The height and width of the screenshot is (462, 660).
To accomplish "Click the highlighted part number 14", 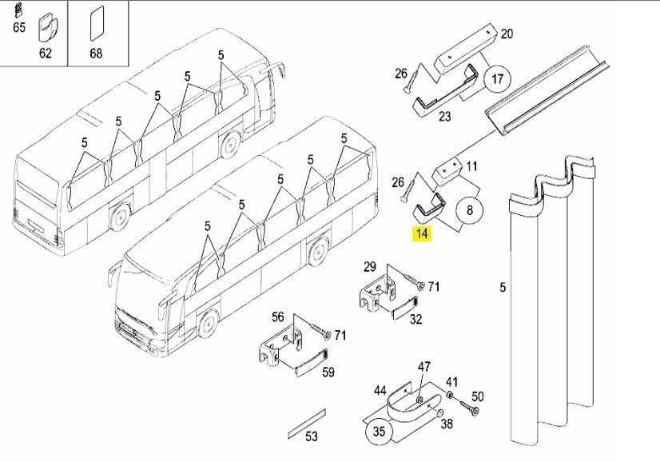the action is (x=422, y=233).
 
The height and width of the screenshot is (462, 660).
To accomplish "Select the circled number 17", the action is (x=498, y=79).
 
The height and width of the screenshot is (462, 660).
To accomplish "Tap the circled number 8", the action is (x=470, y=209).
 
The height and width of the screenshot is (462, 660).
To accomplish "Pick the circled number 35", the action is (x=380, y=432).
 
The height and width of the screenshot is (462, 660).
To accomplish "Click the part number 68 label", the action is (x=96, y=53).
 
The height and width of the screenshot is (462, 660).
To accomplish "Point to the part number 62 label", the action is (x=46, y=53).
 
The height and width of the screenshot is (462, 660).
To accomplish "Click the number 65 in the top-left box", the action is (x=19, y=27).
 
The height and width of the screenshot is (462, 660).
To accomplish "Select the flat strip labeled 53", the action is (x=307, y=424).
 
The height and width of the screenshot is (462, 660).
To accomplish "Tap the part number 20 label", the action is (x=507, y=34).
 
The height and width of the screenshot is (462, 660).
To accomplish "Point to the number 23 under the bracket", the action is (x=444, y=116).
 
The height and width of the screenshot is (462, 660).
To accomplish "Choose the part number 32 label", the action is (x=415, y=319).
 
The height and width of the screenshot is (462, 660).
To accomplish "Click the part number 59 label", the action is (x=328, y=372).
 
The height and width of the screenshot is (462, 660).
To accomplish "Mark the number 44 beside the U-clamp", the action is (x=380, y=391).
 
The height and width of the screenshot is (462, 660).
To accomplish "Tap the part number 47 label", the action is (x=423, y=366).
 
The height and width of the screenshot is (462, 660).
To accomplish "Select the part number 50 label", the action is (x=477, y=396).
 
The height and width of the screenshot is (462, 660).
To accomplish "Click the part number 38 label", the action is (x=447, y=424).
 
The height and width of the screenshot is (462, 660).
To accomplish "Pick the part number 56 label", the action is (x=278, y=317).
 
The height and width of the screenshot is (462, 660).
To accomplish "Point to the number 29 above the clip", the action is (x=370, y=267).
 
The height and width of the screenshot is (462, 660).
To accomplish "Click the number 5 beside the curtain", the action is (x=503, y=287).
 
